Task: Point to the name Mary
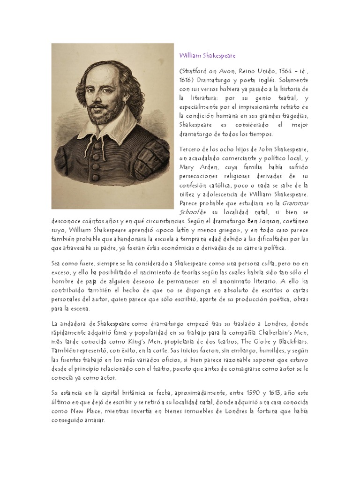[188, 167]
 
